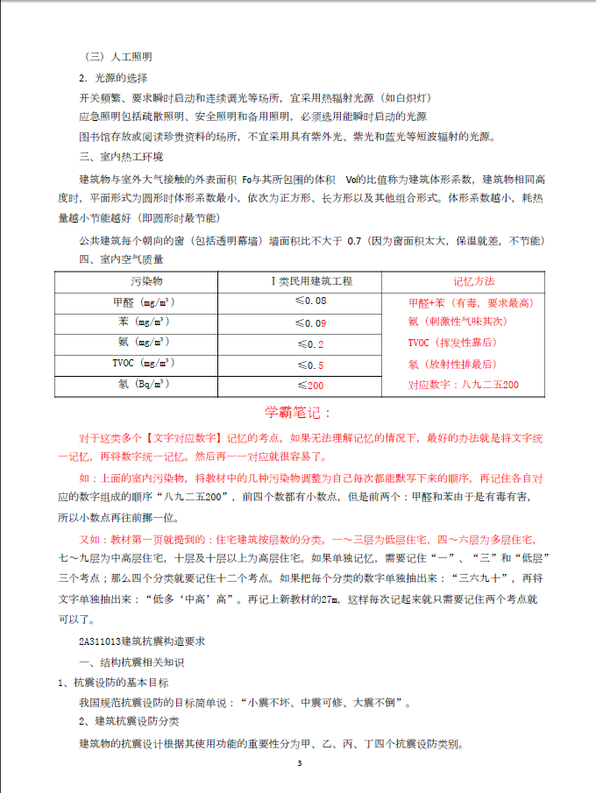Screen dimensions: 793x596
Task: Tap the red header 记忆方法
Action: (x=474, y=281)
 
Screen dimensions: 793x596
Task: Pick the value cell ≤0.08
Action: (x=310, y=301)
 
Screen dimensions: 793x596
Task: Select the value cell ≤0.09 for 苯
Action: (x=310, y=323)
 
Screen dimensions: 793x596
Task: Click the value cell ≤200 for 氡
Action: (x=310, y=386)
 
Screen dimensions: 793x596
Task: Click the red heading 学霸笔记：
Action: (x=298, y=412)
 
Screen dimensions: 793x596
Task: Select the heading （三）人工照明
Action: (x=116, y=57)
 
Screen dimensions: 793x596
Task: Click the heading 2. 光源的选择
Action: (x=111, y=78)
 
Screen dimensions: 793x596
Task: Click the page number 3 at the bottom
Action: (x=299, y=764)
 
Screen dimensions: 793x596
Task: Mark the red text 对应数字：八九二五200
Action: (x=464, y=385)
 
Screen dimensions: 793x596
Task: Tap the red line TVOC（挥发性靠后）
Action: (x=452, y=343)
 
